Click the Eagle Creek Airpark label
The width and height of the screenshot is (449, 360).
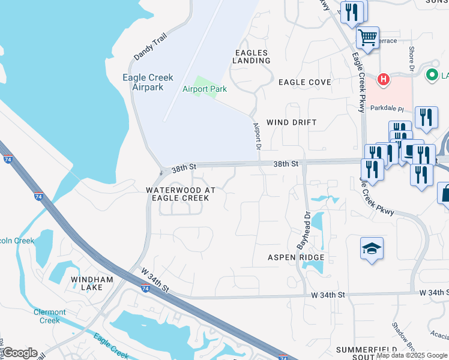(147, 82)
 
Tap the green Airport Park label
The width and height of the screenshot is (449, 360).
(204, 89)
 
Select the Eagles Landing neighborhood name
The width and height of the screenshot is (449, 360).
(251, 56)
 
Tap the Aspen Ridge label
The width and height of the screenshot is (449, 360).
(296, 257)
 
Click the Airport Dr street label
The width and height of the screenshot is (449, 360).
(258, 137)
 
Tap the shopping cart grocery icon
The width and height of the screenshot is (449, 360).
(367, 37)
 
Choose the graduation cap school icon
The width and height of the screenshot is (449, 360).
(372, 249)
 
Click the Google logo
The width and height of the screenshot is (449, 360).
(19, 353)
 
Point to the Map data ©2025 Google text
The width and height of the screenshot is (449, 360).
(412, 355)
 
